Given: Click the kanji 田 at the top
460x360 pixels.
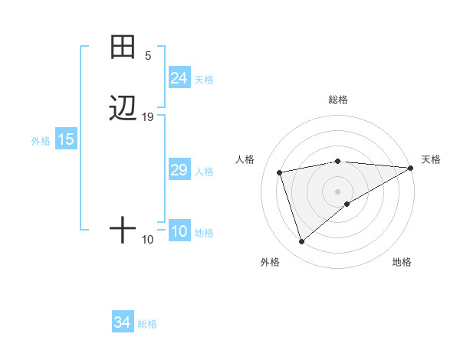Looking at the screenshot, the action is tap(123, 47).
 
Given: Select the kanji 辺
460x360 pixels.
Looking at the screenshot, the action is tap(123, 109).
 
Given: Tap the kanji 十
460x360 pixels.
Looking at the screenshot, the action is tap(123, 230).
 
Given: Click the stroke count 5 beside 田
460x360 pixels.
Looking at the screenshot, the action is tap(148, 56).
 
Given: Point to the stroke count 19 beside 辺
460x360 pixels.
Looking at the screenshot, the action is tap(148, 117).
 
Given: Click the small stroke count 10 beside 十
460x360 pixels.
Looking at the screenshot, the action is tap(148, 240).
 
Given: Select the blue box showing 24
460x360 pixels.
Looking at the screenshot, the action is tap(179, 78).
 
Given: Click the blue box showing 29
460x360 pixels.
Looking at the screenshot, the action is tap(179, 170).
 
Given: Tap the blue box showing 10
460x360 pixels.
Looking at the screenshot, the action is tap(179, 232).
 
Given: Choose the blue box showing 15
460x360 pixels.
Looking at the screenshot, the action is tap(65, 139).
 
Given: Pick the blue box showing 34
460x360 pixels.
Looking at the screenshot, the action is tap(122, 323).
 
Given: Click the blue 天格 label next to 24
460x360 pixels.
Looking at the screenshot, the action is tap(204, 79).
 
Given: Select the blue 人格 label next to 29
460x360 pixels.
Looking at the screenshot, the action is tap(204, 171).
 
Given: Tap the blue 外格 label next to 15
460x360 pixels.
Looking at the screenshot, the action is tap(41, 140).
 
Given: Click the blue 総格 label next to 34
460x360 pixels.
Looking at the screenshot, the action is tap(147, 324).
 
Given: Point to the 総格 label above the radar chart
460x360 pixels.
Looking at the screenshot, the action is tap(337, 100).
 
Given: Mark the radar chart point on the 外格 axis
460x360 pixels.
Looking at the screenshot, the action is tap(301, 242).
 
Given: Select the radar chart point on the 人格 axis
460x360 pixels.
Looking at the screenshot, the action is tap(280, 172).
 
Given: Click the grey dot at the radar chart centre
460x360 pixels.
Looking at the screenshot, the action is tap(337, 191).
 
